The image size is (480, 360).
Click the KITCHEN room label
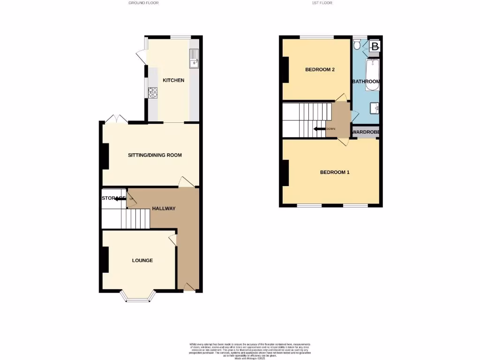point(173,80)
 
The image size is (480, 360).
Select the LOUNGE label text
point(142,261)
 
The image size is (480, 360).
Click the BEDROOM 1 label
point(335,172)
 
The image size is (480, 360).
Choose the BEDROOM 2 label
point(320,70)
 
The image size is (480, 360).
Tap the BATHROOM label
point(366,82)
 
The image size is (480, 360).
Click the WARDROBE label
point(366,132)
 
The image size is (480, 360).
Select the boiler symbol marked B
point(375,46)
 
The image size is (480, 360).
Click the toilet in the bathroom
point(357,45)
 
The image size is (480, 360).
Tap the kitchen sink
point(194,59)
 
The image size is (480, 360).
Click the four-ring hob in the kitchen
point(153,92)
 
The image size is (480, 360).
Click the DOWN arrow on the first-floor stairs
point(320,129)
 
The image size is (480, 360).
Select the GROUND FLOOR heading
point(143,3)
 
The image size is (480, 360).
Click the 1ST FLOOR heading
point(322,3)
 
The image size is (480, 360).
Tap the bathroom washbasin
point(375,108)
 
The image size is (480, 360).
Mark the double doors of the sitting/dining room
point(116,119)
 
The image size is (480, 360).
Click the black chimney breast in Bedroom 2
point(285,70)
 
